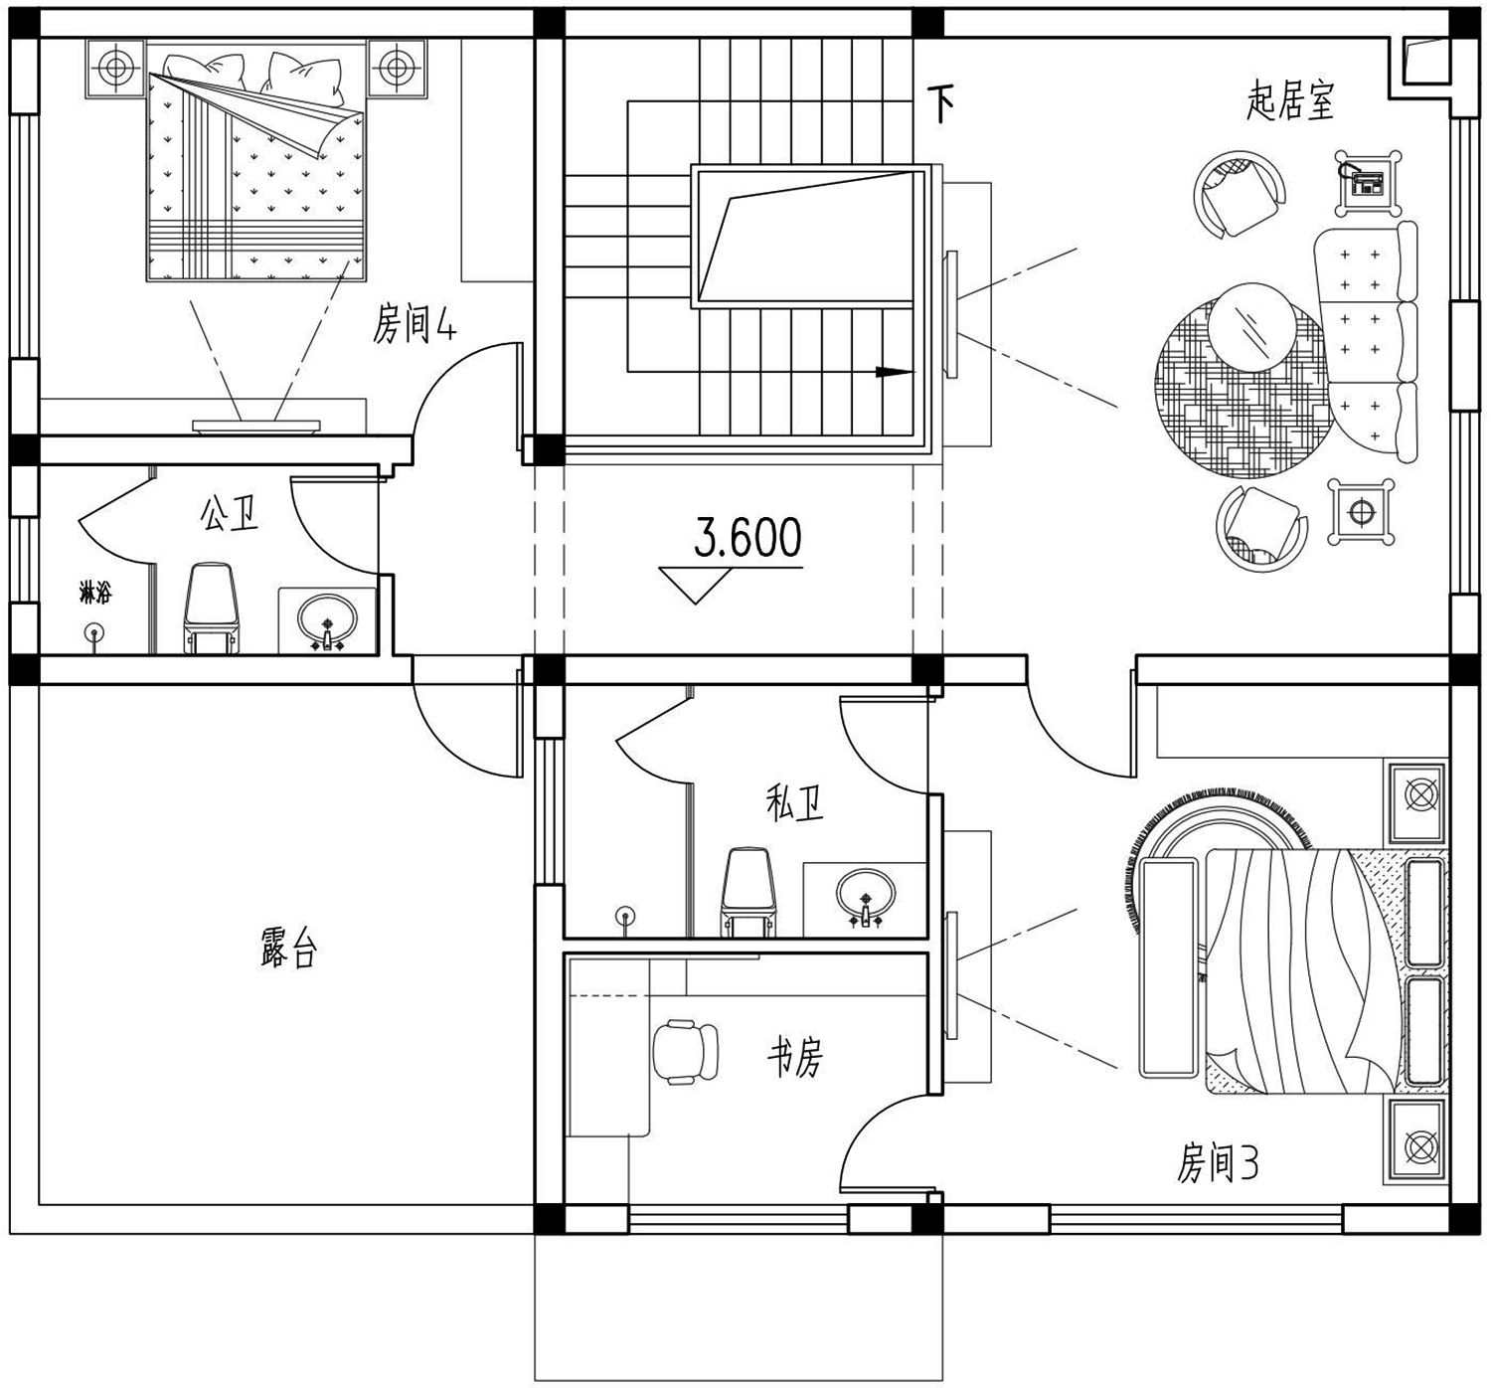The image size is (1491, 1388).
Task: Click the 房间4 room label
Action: pos(414,324)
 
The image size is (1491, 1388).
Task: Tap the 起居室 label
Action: pos(1290,101)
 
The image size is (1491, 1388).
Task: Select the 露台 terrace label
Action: pos(289,948)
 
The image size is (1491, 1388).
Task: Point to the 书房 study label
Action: pos(795,1058)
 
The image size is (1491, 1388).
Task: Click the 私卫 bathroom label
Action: pos(795,801)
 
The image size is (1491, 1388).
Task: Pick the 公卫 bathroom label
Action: pos(230,513)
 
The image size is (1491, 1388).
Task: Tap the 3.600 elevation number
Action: pos(747,538)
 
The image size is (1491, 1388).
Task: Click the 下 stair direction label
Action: pos(940,103)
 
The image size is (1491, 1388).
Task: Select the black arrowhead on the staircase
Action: pos(895,372)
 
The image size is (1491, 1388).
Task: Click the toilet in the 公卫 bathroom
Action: pos(212,607)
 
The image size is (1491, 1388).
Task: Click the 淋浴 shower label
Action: pos(95,594)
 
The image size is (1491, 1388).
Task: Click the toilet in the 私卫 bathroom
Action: pos(747,892)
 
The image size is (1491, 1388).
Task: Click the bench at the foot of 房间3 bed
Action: pos(1168,968)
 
